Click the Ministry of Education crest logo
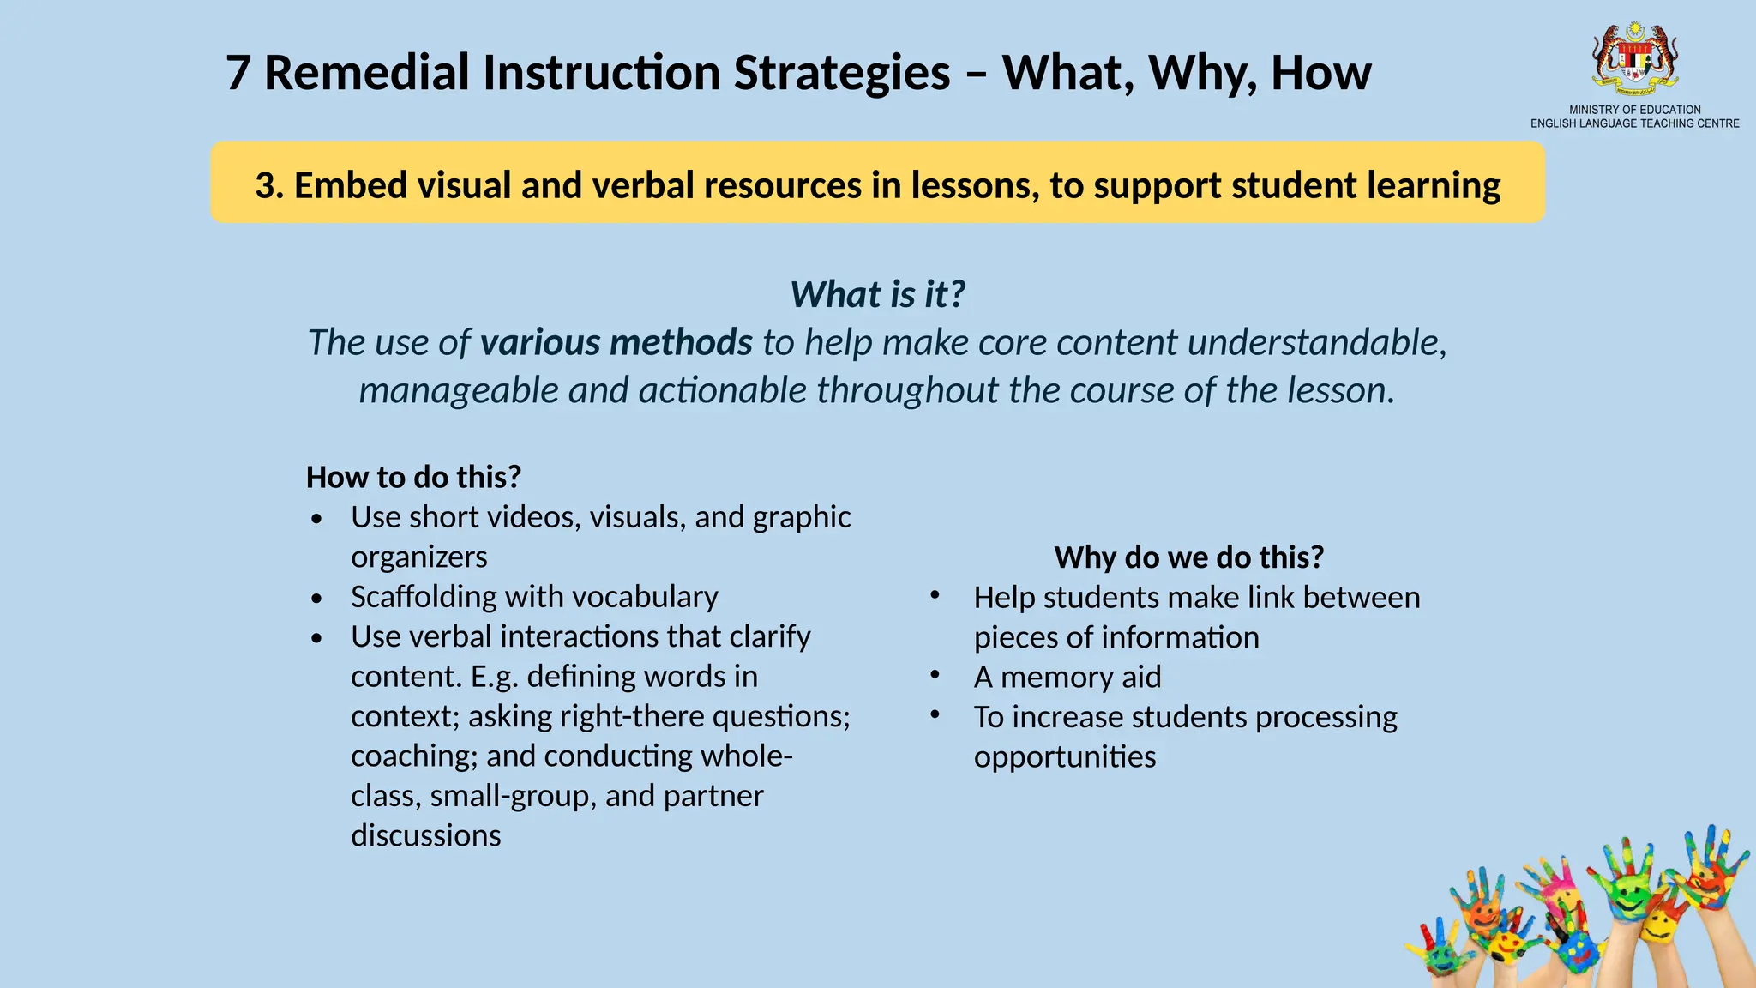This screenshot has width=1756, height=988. (x=1635, y=58)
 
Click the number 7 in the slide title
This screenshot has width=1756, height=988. (x=238, y=73)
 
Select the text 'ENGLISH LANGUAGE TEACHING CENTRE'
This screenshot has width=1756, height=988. (x=1634, y=123)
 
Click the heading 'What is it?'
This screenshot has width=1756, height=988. (x=877, y=294)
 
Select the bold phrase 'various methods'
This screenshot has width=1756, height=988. (x=616, y=342)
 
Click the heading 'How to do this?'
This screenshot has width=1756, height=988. (x=413, y=477)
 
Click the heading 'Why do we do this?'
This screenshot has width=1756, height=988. (x=1188, y=557)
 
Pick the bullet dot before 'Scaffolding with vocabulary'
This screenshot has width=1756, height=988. (x=317, y=599)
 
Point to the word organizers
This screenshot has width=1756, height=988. (x=418, y=557)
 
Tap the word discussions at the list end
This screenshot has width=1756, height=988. (x=425, y=835)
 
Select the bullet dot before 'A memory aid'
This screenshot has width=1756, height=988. (x=935, y=675)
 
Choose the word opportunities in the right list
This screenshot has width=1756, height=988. (x=1064, y=757)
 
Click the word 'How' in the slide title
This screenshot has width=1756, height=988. (x=1320, y=73)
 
